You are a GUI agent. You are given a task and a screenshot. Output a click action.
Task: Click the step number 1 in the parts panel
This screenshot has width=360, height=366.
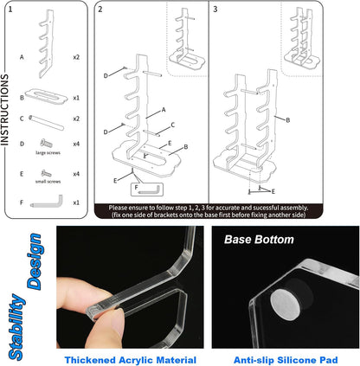pyautogui.click(x=10, y=10)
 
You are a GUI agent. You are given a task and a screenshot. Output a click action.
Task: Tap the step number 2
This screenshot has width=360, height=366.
pyautogui.click(x=100, y=10)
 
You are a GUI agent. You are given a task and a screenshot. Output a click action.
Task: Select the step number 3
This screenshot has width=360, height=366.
pyautogui.click(x=215, y=10)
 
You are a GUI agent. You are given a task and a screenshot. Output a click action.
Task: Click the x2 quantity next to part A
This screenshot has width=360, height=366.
pyautogui.click(x=76, y=57)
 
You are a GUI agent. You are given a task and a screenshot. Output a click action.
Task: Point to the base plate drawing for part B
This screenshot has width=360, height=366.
pyautogui.click(x=46, y=96)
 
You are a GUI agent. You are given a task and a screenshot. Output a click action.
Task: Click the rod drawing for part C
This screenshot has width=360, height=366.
pyautogui.click(x=46, y=123)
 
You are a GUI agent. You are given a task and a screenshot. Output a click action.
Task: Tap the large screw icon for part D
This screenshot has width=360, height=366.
pyautogui.click(x=46, y=143)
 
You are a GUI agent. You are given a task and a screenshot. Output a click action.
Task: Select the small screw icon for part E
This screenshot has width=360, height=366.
pyautogui.click(x=46, y=173)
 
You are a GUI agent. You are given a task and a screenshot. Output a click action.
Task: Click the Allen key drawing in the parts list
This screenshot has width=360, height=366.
pyautogui.click(x=47, y=202)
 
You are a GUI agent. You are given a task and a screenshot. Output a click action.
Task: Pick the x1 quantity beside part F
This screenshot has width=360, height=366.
pyautogui.click(x=76, y=202)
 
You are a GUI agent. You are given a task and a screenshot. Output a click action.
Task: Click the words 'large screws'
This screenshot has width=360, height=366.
pyautogui.click(x=48, y=152)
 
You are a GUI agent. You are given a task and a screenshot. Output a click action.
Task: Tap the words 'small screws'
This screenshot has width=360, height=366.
pyautogui.click(x=48, y=182)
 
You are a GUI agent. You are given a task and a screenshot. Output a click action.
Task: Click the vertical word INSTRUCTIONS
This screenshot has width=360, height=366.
pyautogui.click(x=4, y=110)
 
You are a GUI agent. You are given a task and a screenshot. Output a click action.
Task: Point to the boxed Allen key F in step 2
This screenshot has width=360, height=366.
pyautogui.click(x=147, y=189)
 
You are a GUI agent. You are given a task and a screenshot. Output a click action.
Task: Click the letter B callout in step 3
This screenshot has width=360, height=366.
pyautogui.click(x=287, y=120)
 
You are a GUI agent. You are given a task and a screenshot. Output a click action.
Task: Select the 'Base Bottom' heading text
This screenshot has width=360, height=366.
pyautogui.click(x=259, y=240)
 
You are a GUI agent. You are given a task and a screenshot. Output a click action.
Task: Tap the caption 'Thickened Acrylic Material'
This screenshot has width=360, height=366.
pyautogui.click(x=131, y=360)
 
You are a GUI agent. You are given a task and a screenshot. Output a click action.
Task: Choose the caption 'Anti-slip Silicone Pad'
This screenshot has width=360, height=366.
pyautogui.click(x=286, y=360)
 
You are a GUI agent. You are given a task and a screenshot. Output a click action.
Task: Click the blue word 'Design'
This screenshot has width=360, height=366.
pyautogui.click(x=35, y=261)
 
